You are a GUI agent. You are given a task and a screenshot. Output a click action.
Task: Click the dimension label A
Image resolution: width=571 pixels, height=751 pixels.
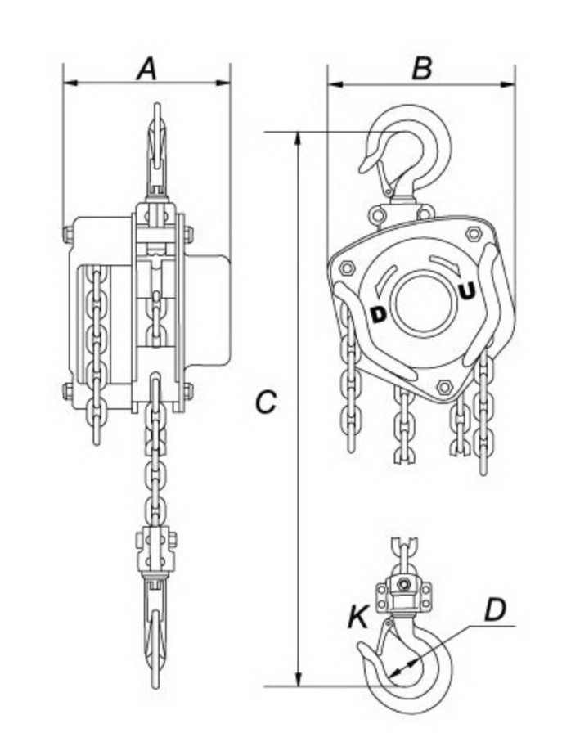coord(146,69)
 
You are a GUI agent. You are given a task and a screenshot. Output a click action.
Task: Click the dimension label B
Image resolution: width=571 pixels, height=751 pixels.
coord(421,69)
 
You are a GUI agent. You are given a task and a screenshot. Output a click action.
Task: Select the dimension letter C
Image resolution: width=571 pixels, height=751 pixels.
coord(266,402)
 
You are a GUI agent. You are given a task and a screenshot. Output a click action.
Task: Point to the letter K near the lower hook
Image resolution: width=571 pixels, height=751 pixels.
coord(357,618)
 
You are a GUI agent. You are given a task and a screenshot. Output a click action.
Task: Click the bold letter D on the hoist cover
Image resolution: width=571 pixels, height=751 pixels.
coord(379,313)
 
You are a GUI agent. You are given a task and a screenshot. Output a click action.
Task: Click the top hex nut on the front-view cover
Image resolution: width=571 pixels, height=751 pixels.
coord(473,235)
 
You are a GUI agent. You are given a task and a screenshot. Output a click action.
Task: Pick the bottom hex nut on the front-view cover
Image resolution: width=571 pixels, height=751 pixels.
coord(445,386)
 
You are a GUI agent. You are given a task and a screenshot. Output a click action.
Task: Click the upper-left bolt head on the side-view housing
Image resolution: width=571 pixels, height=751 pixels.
coord(69,235)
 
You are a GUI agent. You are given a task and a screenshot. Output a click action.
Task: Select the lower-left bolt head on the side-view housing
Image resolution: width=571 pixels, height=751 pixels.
coord(69,391)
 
